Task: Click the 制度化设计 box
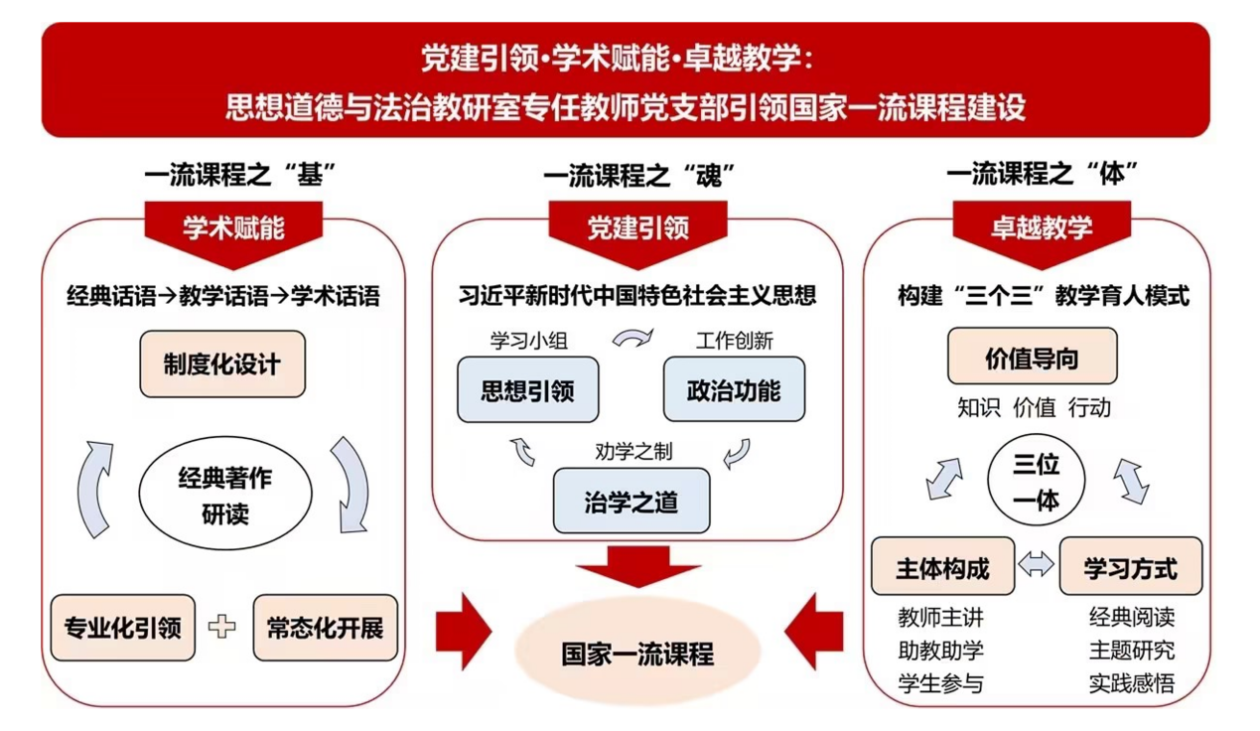pyautogui.click(x=222, y=365)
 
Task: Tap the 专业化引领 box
pyautogui.click(x=123, y=628)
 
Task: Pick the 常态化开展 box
pyautogui.click(x=325, y=628)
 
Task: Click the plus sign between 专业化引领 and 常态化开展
pyautogui.click(x=223, y=627)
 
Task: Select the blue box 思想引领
pyautogui.click(x=527, y=389)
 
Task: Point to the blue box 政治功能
pyautogui.click(x=734, y=389)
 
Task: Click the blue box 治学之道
pyautogui.click(x=630, y=501)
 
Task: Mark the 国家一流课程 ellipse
pyautogui.click(x=637, y=655)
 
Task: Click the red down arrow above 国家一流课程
pyautogui.click(x=637, y=567)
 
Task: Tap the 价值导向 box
pyautogui.click(x=1032, y=358)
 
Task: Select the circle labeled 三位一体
pyautogui.click(x=1036, y=481)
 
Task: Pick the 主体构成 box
pyautogui.click(x=942, y=567)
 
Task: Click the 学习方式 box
pyautogui.click(x=1130, y=567)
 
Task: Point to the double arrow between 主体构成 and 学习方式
pyautogui.click(x=1037, y=565)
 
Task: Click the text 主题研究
pyautogui.click(x=1131, y=651)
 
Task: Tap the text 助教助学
pyautogui.click(x=940, y=651)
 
